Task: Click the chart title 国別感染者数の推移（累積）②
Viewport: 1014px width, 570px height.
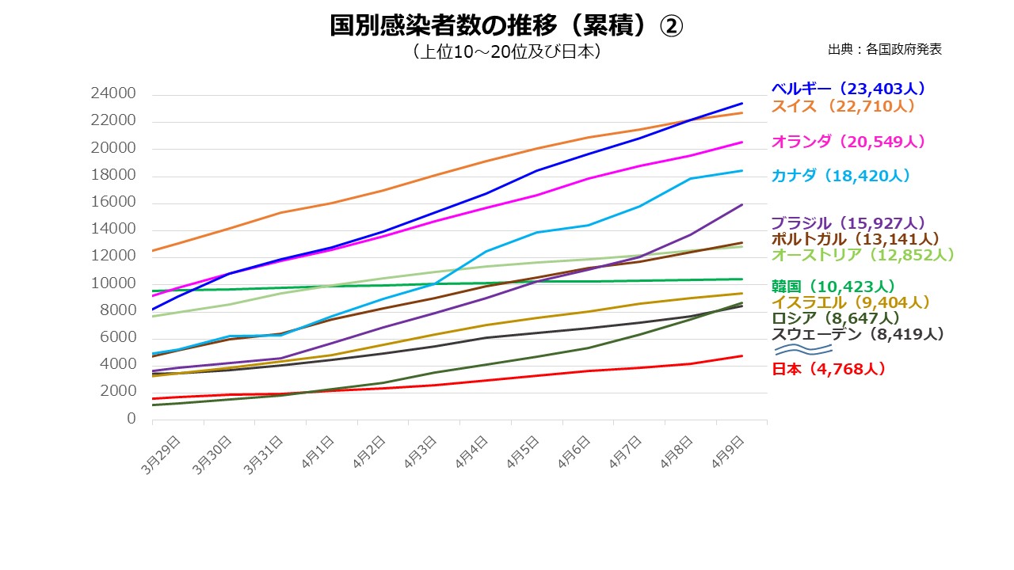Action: click(x=505, y=26)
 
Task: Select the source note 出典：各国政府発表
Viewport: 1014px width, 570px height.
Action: click(x=884, y=49)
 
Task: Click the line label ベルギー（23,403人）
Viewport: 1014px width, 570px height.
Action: click(x=848, y=89)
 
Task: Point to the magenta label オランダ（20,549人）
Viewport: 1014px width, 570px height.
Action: click(x=848, y=142)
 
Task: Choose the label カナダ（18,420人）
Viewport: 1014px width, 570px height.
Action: click(x=841, y=176)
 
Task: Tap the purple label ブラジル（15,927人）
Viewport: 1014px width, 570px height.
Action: click(x=848, y=223)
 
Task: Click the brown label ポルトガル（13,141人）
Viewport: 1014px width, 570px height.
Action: click(x=855, y=238)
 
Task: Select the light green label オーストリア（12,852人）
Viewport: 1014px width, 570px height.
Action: click(x=863, y=255)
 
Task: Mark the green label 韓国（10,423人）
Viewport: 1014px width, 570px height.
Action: click(x=833, y=287)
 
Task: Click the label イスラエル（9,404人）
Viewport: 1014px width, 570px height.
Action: click(x=851, y=302)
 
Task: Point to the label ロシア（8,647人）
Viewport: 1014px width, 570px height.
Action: click(x=836, y=318)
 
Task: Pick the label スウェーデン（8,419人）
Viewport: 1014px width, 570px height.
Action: click(x=857, y=334)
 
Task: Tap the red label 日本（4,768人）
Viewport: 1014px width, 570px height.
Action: click(x=828, y=369)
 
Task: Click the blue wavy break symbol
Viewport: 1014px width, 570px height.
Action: click(x=802, y=350)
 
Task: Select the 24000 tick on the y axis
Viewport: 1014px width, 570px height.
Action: click(x=113, y=94)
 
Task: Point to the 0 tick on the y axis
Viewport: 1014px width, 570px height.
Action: click(x=132, y=419)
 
